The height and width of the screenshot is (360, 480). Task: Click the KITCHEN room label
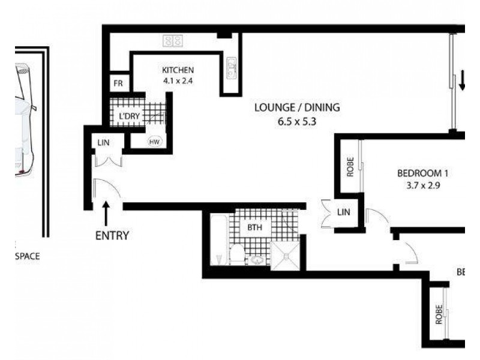pos(178,70)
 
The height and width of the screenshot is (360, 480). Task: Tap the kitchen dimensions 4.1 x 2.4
pos(178,80)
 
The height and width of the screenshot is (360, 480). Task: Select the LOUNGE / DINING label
pos(297,108)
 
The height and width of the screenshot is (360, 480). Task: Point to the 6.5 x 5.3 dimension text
pos(297,121)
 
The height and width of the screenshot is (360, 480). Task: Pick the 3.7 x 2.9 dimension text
pos(423,185)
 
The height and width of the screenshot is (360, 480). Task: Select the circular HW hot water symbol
pos(154,142)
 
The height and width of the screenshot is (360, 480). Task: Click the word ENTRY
pos(112,235)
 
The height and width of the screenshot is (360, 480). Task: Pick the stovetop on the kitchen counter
pos(173,40)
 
